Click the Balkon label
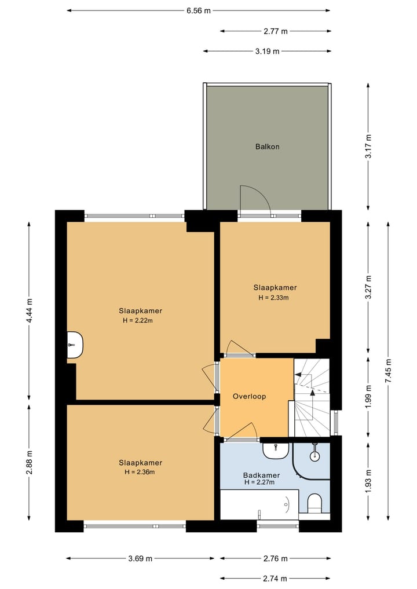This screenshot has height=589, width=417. (x=267, y=147)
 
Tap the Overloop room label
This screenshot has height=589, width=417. (x=249, y=396)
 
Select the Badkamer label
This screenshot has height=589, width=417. (x=261, y=475)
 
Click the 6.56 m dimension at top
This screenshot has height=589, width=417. (x=199, y=10)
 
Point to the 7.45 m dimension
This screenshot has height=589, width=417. (x=388, y=371)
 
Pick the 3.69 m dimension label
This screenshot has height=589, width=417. (x=140, y=558)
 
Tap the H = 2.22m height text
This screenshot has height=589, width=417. (x=137, y=320)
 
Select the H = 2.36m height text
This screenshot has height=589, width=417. (x=140, y=472)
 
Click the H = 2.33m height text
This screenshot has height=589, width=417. (x=273, y=298)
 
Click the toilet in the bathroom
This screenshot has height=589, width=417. (x=315, y=503)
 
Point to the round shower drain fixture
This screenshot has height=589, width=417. (x=314, y=456)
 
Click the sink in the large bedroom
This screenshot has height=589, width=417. (x=75, y=345)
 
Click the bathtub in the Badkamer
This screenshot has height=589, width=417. (x=259, y=504)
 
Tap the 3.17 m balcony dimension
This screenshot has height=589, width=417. (x=368, y=147)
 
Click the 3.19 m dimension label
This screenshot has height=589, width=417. (x=268, y=51)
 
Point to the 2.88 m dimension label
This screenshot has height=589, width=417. (x=30, y=462)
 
